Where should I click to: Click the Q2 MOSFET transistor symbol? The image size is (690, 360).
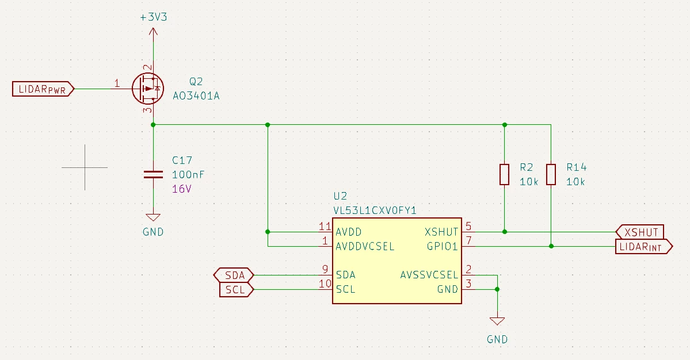148,89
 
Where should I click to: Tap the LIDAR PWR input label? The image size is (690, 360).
43,89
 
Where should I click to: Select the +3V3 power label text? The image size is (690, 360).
154,17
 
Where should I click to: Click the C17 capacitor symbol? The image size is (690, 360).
153,174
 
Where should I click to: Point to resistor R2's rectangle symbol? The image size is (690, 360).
505,174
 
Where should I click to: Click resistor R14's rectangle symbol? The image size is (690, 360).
551,174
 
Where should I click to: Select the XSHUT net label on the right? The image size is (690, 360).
640,232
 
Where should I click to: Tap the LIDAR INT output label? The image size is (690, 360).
644,247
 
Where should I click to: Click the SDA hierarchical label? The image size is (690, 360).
234,275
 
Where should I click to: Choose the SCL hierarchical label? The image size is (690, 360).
236,290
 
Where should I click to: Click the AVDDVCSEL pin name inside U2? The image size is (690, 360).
365,247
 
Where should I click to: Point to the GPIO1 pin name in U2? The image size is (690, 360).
442,247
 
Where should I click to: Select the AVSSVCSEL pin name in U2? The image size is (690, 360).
429,275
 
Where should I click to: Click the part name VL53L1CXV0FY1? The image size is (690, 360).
375,210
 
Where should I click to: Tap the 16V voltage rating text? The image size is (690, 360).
182,189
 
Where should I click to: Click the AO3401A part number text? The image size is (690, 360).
196,96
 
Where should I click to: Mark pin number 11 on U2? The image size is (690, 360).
325,227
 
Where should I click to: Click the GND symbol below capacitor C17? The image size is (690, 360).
153,217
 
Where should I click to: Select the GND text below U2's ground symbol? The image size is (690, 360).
497,339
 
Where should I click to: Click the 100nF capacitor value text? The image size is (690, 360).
188,174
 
